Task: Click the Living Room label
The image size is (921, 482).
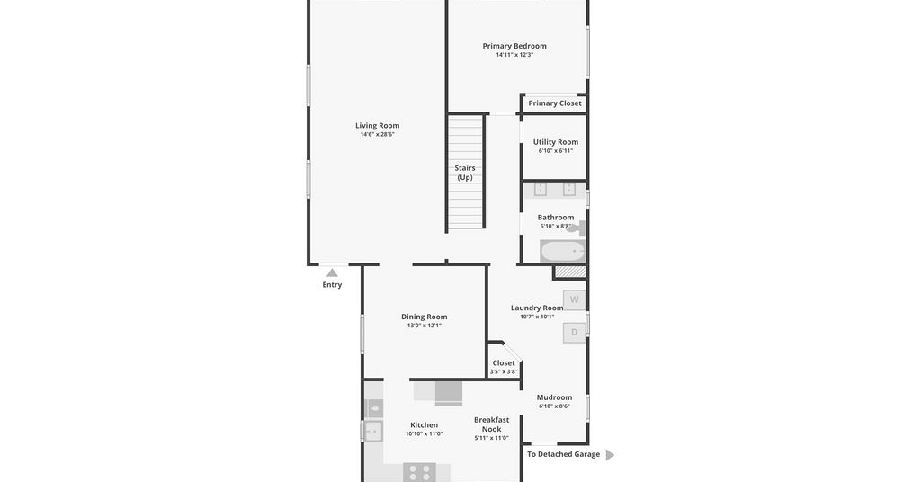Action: [377, 125]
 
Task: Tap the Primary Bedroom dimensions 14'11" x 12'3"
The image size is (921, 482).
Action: [514, 55]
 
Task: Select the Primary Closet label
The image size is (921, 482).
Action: [554, 103]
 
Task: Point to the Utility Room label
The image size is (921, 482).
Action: [556, 141]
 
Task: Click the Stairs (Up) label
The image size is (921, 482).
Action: [465, 173]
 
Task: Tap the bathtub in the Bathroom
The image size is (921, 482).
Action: [563, 251]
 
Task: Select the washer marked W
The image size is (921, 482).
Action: [575, 299]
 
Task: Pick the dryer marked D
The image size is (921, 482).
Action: [575, 333]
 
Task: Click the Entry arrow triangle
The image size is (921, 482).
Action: [333, 273]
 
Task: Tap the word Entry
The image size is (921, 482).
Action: [332, 285]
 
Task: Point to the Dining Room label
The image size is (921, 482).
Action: [425, 317]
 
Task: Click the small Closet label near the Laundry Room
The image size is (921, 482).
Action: [504, 362]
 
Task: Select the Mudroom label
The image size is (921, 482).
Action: [554, 397]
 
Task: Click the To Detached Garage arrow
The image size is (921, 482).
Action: [610, 454]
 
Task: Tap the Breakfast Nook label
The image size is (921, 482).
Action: [492, 424]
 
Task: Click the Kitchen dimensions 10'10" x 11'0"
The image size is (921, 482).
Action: [425, 433]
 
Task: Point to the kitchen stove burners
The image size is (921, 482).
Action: [419, 473]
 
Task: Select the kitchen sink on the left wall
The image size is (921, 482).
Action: [371, 432]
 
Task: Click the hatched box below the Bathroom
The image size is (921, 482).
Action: [570, 272]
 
